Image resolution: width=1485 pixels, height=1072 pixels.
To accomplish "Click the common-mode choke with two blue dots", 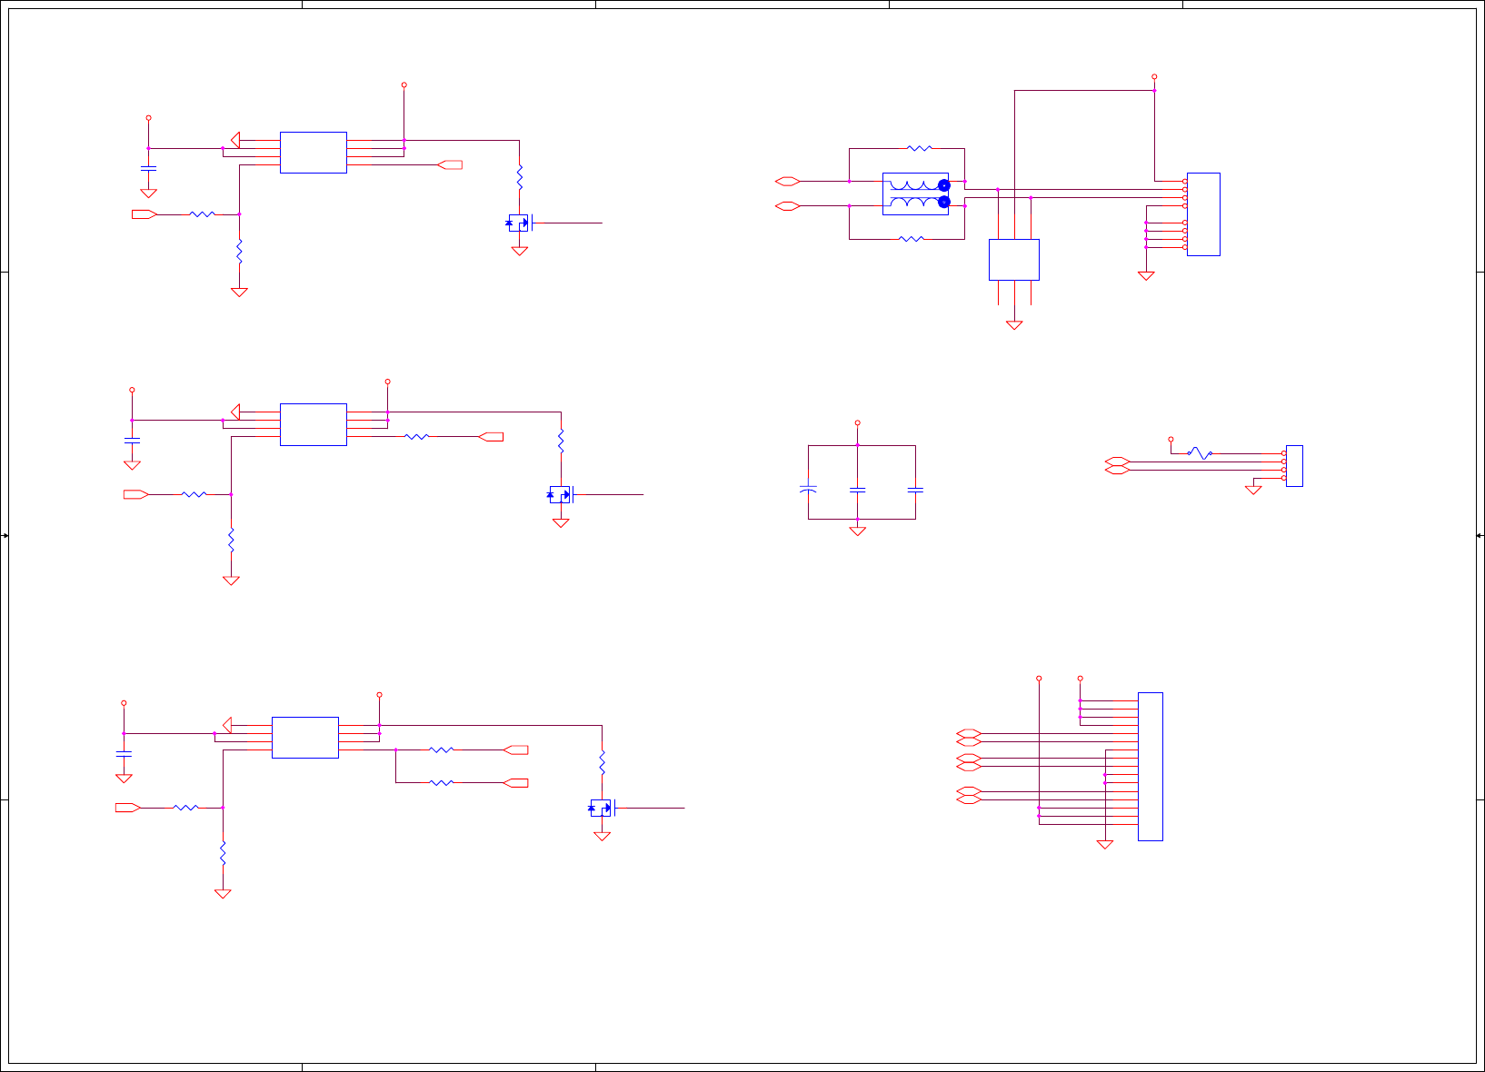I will (x=916, y=194).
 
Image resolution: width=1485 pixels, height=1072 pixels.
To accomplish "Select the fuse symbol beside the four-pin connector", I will (x=1200, y=452).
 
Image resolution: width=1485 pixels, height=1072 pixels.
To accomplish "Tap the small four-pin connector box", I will (x=1294, y=465).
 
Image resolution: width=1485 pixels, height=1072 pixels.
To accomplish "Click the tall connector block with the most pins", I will (x=1150, y=766).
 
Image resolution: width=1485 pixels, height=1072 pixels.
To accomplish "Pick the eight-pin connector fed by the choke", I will (x=1203, y=213).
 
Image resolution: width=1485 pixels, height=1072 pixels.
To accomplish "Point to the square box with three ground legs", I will (x=1013, y=259).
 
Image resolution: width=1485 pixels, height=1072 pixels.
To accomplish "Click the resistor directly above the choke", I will (x=920, y=148).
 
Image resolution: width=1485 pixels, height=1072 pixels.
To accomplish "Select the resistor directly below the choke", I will (x=911, y=239).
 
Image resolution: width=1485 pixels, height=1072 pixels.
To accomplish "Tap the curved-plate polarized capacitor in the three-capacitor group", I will (x=808, y=489).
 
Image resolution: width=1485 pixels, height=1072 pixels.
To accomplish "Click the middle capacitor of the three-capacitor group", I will (x=857, y=490).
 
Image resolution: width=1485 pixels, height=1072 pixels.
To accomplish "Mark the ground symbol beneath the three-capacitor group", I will (x=857, y=531).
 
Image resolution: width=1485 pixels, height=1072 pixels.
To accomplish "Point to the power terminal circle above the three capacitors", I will (x=857, y=423).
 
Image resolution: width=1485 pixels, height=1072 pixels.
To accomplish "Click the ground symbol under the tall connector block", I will (x=1105, y=844).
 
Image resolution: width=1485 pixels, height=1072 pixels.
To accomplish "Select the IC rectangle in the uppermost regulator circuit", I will (x=313, y=152).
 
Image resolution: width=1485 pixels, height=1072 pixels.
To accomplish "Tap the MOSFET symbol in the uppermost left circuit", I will (x=519, y=223).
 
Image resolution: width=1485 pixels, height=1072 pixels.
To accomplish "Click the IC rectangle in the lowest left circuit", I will (x=304, y=737).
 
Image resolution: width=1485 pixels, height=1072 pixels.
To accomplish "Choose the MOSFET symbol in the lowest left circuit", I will (x=602, y=808).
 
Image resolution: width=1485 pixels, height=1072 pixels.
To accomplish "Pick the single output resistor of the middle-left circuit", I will (x=416, y=437).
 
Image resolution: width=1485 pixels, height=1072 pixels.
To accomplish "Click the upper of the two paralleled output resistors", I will (x=441, y=749).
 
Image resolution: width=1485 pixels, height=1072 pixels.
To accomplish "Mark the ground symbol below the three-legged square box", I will (x=1014, y=324).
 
